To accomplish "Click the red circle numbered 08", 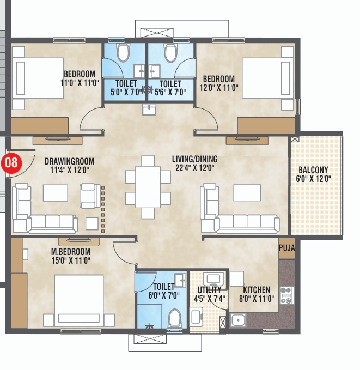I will pyautogui.click(x=11, y=162).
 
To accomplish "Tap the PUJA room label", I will pyautogui.click(x=286, y=248).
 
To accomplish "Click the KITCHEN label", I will pyautogui.click(x=257, y=290).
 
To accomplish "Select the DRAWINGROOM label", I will pyautogui.click(x=69, y=161).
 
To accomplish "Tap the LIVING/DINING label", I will pyautogui.click(x=194, y=159).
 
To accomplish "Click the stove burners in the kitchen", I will pyautogui.click(x=286, y=295).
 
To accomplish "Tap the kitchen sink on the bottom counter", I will pyautogui.click(x=237, y=320).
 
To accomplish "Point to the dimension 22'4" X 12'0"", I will pyautogui.click(x=194, y=168).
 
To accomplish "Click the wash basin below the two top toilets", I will pyautogui.click(x=149, y=110).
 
